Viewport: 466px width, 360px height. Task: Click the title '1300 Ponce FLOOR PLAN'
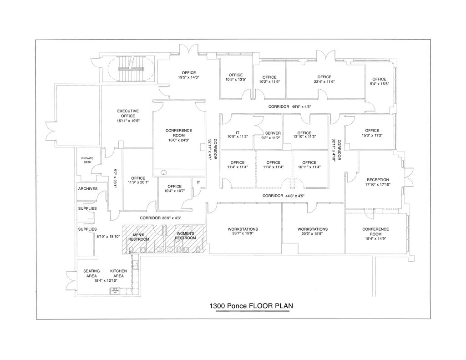tap(251, 306)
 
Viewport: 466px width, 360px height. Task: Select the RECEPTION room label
tap(378, 180)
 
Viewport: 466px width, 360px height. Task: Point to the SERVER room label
tap(273, 133)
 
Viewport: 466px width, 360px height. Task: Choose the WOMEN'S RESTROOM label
tap(185, 236)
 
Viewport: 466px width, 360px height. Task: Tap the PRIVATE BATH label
tap(87, 160)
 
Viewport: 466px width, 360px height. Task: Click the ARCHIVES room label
tap(88, 188)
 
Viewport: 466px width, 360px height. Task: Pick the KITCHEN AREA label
tap(119, 274)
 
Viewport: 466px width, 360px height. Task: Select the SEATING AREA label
tap(91, 274)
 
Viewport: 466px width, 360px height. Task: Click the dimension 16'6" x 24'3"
tap(179, 140)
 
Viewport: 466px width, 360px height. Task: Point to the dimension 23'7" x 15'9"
tap(243, 234)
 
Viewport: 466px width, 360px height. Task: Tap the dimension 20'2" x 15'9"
tap(313, 234)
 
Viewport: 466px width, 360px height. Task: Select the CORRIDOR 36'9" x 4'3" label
tap(161, 218)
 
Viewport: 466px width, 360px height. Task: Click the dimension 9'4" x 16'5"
tap(379, 84)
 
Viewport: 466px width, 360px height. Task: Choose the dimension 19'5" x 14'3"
tap(189, 77)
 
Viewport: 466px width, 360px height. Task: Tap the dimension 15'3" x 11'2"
tap(372, 135)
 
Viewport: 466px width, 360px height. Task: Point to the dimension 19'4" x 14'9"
tap(375, 238)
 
